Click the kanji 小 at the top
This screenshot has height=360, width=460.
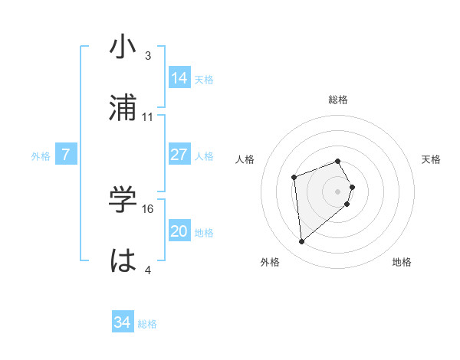coord(123,47)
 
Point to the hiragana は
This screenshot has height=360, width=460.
coord(123,260)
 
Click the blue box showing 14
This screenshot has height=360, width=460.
coord(179,77)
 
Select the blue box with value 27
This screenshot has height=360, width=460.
coord(179,155)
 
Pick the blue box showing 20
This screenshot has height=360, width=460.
coord(179,232)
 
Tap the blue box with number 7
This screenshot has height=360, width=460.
coord(66,155)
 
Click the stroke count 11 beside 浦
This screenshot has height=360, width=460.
coord(148,117)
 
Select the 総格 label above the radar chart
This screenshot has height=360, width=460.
coord(338,100)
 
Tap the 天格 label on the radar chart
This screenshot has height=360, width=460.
coord(432,159)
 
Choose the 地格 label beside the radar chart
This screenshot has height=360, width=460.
coord(402,263)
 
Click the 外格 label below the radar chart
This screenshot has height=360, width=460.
coord(270,263)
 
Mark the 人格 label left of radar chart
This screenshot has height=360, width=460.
coord(245,159)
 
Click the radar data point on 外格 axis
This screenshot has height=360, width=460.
coord(302,242)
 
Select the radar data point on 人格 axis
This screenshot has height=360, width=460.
coord(294,178)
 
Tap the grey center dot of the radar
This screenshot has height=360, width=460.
coord(338,191)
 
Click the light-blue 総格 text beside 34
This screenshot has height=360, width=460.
coord(147,324)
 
